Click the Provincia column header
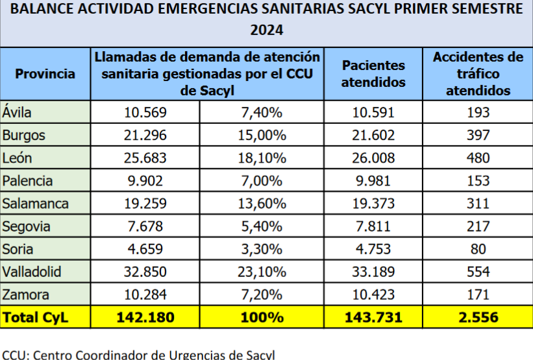[x=45, y=74]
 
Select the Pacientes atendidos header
[x=373, y=74]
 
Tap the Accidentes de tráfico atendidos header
[x=478, y=74]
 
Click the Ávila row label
[x=17, y=113]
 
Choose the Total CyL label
[x=36, y=317]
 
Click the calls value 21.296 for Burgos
[x=145, y=136]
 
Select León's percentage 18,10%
[x=262, y=158]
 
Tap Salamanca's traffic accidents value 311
[x=478, y=204]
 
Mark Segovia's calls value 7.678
[x=145, y=226]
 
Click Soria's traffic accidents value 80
[x=478, y=249]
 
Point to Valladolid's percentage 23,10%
[x=262, y=272]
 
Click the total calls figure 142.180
[x=145, y=317]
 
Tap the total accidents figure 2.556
[x=478, y=317]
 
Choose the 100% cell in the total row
[x=262, y=317]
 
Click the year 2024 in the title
[x=267, y=30]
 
